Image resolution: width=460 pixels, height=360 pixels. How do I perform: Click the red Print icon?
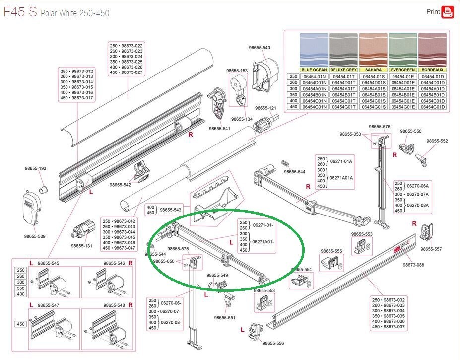[448, 12]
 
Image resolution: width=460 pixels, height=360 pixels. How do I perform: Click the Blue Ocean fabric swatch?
[314, 50]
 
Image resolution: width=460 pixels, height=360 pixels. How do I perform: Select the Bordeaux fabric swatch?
[432, 50]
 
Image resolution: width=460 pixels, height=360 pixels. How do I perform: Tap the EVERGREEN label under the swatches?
[402, 70]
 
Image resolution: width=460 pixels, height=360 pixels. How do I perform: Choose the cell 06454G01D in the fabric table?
[432, 107]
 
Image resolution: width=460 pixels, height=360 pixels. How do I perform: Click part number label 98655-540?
[260, 48]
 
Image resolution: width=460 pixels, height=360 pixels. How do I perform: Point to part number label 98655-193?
[35, 168]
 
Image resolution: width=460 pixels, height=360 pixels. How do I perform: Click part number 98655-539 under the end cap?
[35, 236]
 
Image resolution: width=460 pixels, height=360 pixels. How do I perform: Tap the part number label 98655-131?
[81, 246]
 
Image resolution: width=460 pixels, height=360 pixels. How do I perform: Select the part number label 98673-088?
[413, 265]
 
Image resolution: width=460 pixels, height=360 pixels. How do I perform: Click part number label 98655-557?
[431, 249]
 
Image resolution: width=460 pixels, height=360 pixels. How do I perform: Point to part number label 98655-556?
[273, 343]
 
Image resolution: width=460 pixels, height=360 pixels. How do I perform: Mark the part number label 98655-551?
[225, 317]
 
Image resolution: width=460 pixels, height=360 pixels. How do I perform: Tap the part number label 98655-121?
[265, 108]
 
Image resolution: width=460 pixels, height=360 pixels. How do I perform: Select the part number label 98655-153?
[237, 71]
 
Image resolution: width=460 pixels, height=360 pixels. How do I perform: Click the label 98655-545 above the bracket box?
[48, 263]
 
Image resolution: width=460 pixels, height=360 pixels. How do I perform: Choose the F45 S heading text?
[20, 12]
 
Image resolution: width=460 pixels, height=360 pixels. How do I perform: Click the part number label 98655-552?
[437, 141]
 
